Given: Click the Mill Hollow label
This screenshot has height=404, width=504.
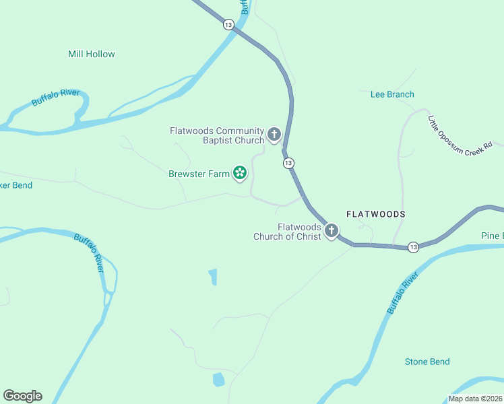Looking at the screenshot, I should [92, 54].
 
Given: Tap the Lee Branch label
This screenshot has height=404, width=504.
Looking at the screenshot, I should [392, 94].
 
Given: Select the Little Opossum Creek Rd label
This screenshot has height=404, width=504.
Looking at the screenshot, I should [461, 135].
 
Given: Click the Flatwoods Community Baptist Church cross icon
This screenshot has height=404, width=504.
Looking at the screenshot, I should [274, 135].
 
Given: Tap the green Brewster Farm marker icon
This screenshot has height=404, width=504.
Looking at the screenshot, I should [239, 174].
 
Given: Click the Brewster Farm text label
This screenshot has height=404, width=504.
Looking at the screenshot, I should [199, 174].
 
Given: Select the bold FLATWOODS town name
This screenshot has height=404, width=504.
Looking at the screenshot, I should [376, 213].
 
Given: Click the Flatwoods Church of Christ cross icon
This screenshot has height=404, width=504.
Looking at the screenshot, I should [332, 232].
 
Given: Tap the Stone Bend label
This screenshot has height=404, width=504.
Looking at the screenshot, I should [427, 362].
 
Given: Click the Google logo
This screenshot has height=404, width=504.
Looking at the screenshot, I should [22, 396].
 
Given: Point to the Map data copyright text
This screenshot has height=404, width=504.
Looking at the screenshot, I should [475, 399].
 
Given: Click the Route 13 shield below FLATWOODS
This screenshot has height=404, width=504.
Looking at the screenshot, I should [413, 248].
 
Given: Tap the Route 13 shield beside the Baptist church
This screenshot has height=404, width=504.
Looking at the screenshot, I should [288, 163].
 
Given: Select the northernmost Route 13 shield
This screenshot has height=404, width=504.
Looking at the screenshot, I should [228, 24].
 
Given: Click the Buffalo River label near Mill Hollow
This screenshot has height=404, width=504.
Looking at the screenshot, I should [56, 97].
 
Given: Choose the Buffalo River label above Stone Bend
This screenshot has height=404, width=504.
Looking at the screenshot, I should [402, 293].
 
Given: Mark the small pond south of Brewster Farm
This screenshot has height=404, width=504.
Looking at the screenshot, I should [213, 276].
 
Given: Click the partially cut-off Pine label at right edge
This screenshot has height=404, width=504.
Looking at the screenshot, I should [492, 236].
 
